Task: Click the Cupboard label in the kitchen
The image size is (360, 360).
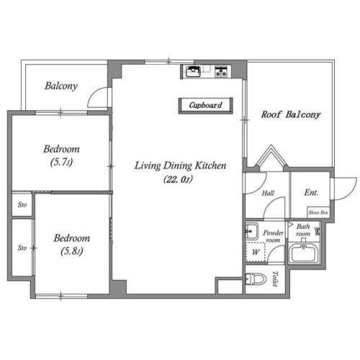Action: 205,105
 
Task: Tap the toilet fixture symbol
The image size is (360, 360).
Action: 256,279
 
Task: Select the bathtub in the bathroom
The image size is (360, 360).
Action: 304,253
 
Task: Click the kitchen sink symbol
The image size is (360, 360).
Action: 193,71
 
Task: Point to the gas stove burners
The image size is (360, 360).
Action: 221,72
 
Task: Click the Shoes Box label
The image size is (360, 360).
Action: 318,212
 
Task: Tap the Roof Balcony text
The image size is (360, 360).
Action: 291,114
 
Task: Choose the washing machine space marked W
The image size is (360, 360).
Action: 256,252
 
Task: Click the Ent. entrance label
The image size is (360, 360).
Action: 311,192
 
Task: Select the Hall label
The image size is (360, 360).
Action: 268,193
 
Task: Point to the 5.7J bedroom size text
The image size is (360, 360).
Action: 61,162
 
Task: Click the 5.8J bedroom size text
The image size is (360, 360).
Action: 72,251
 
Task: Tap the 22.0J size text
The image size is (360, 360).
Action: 178,179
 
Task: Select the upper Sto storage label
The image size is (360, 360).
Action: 22,204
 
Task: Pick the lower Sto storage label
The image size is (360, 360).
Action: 22,248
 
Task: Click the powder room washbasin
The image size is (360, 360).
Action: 251,231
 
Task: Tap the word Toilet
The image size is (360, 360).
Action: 275,279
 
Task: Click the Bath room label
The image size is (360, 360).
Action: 303,230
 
